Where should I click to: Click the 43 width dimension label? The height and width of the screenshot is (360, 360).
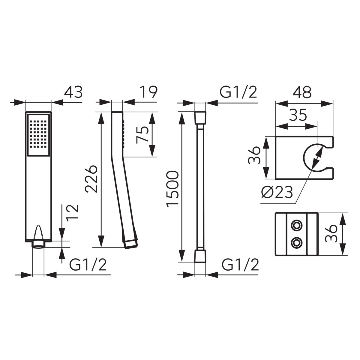73,92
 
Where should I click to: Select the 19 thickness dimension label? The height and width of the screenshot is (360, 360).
149,92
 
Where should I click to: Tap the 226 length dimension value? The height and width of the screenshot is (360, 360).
91,179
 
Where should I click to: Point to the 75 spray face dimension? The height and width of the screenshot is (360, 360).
142,135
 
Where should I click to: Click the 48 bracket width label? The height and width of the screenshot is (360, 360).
302,92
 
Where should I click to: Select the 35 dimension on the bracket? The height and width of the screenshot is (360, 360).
298,115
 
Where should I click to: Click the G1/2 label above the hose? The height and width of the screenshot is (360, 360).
238,92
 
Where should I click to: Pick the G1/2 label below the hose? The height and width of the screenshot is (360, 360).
240,265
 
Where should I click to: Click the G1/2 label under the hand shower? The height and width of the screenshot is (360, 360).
88,265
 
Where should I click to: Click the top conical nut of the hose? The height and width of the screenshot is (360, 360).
200,118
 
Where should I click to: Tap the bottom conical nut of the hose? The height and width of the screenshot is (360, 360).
200,256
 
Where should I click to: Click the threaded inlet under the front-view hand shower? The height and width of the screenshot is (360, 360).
38,244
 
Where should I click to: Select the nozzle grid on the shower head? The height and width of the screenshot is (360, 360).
38,134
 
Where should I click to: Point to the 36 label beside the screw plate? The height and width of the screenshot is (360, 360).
331,234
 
